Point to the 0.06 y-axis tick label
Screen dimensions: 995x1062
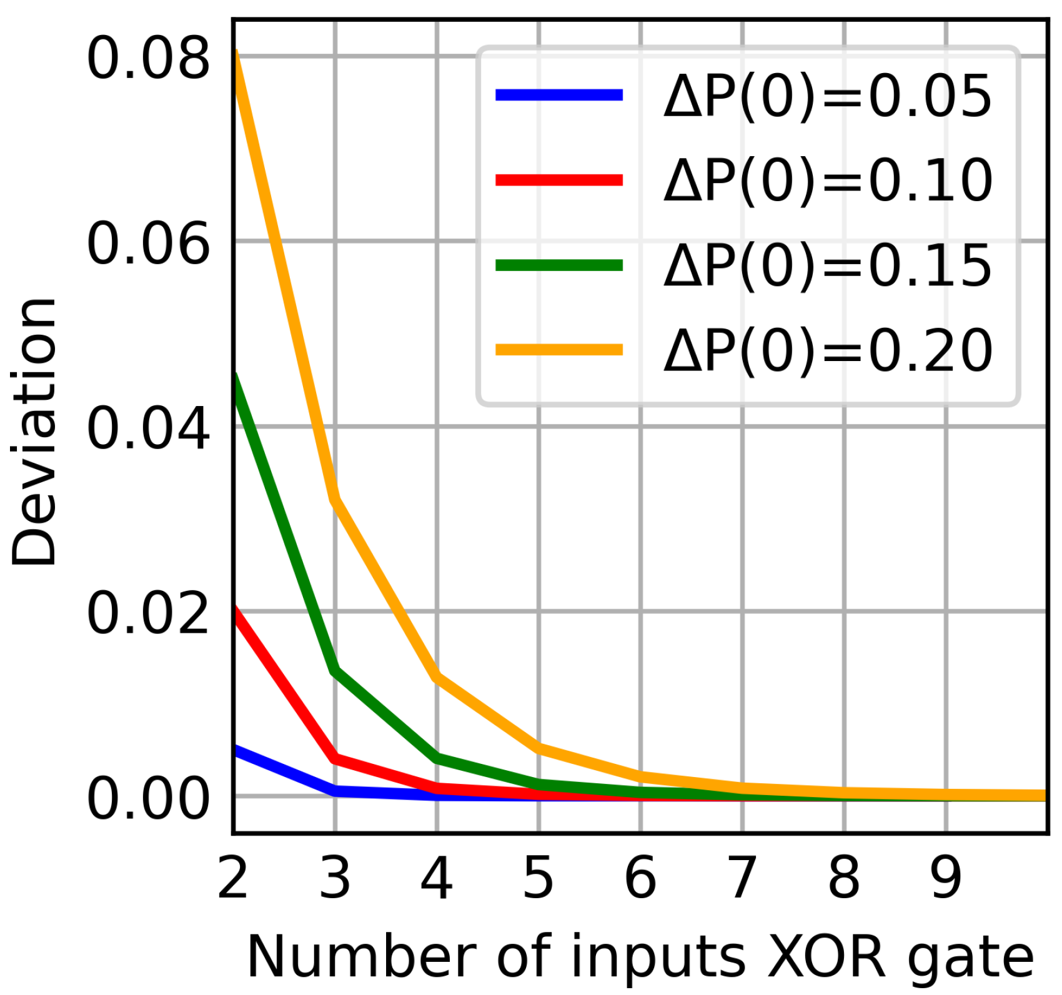coord(148,244)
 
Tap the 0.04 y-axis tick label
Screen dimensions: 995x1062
coord(148,428)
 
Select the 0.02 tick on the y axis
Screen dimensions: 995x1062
coord(148,613)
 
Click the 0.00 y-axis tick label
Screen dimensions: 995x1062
coord(148,799)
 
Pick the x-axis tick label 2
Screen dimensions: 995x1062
coord(233,878)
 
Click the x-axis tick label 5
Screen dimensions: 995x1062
coord(538,878)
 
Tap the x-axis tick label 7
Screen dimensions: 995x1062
coord(742,878)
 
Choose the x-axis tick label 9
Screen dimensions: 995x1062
coord(946,878)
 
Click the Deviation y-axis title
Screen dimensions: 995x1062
coord(34,431)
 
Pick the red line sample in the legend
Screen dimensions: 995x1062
coord(559,180)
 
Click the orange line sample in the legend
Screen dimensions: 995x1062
coord(559,349)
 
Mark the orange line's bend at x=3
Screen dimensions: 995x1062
coord(335,498)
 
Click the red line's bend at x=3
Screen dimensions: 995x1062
coord(335,758)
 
